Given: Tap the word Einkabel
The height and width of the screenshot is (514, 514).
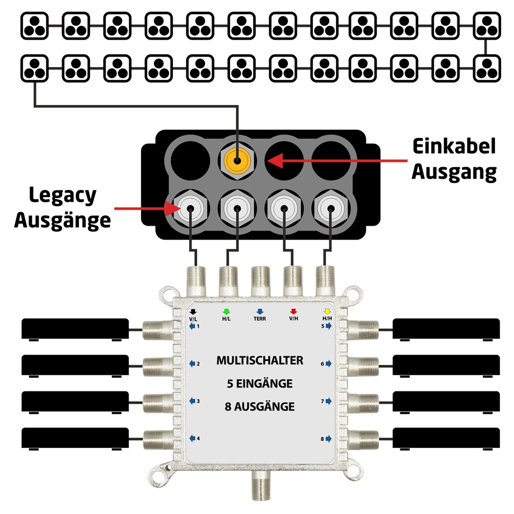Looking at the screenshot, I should click(454, 147).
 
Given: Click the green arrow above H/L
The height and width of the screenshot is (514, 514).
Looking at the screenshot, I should click(226, 311).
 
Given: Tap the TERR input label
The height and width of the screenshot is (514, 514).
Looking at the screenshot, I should click(259, 318).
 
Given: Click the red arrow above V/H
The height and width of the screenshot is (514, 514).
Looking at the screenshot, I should click(293, 311).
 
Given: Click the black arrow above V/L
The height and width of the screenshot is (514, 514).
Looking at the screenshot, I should click(193, 311).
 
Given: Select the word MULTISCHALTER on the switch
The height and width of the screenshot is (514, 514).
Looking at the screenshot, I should click(260, 361).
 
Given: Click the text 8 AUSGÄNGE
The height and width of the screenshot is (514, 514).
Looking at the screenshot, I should click(260, 406).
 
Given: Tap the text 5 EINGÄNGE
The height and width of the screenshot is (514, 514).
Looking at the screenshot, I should click(260, 384).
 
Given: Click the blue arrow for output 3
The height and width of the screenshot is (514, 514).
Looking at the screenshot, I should click(191, 401).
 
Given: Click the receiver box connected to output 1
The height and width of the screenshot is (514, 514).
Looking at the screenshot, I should click(76, 329).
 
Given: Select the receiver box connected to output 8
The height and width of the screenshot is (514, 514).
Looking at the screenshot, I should click(446, 438).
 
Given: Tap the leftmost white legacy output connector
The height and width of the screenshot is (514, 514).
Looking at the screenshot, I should click(190, 209).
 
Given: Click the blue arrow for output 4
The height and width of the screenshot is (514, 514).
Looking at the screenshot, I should click(191, 438).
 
